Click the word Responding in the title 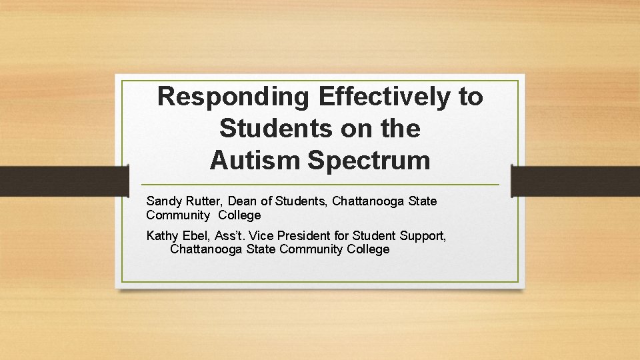[x=233, y=97]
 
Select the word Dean [x=244, y=201]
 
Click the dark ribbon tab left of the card [x=63, y=181]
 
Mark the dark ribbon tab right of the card [x=575, y=181]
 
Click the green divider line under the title [x=320, y=185]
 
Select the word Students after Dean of [x=300, y=201]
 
